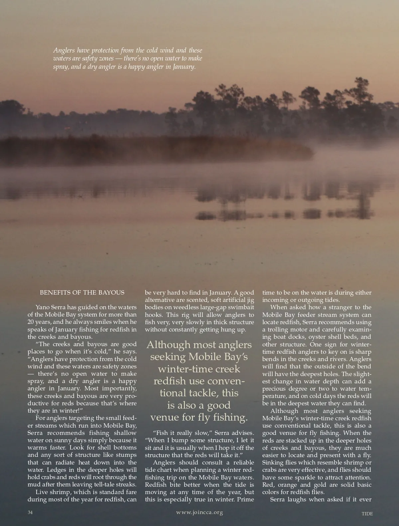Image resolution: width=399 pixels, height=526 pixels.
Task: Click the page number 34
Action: pyautogui.click(x=30, y=512)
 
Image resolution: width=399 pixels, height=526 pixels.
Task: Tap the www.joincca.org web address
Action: pyautogui.click(x=199, y=512)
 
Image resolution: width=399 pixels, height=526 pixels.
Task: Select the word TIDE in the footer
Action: pyautogui.click(x=367, y=514)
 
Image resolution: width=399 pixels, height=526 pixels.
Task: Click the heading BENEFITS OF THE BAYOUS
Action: pyautogui.click(x=82, y=293)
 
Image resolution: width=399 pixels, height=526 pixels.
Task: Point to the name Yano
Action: pyautogui.click(x=43, y=307)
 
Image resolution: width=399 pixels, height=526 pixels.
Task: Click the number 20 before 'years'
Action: pyautogui.click(x=31, y=322)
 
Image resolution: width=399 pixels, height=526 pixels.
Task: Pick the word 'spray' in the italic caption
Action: pyautogui.click(x=60, y=67)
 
